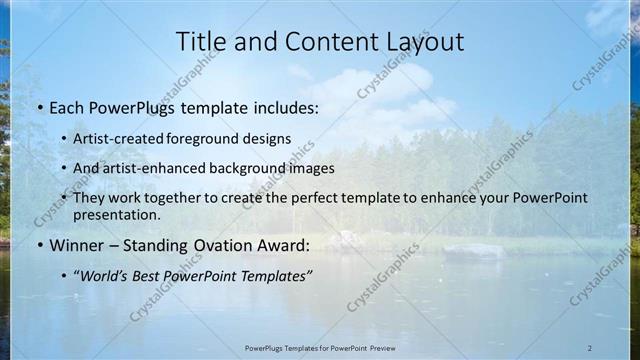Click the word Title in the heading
(x=201, y=41)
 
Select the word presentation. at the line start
(x=117, y=215)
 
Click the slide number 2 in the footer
(x=590, y=348)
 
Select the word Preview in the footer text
(x=379, y=348)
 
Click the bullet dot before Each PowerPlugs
(x=39, y=106)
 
